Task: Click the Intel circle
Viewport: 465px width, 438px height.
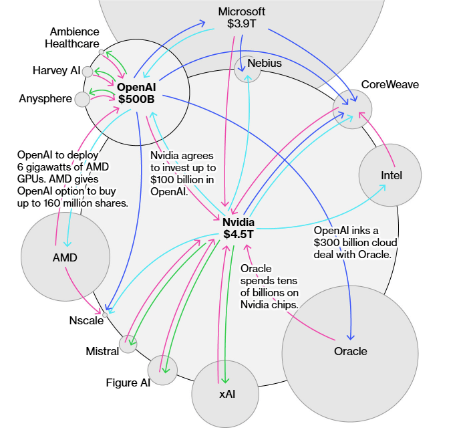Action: point(390,175)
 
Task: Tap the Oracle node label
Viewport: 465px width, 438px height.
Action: point(350,351)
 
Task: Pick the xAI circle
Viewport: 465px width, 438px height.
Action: point(226,393)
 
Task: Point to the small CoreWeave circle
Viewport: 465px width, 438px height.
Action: point(352,109)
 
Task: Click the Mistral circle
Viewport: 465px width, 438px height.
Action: point(128,344)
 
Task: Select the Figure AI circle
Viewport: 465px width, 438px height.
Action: point(162,369)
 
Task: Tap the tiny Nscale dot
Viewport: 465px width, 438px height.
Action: point(105,313)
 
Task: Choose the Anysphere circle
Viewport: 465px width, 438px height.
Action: point(82,100)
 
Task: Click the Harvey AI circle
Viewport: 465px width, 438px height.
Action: point(88,72)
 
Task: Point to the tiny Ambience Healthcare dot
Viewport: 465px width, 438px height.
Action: point(101,51)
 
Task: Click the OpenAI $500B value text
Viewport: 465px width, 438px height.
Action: point(136,98)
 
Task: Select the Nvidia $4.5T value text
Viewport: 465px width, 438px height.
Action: point(238,234)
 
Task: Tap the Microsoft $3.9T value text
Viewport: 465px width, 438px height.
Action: point(242,24)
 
